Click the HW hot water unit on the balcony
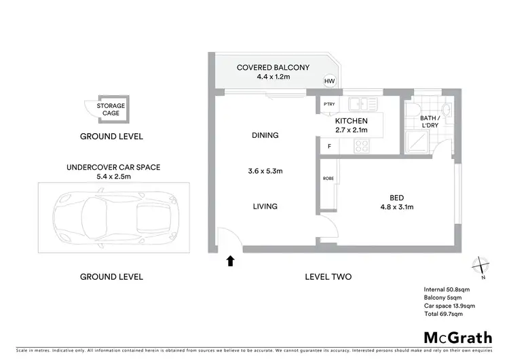click(x=329, y=82)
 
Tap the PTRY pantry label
click(x=329, y=104)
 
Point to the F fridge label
click(x=329, y=146)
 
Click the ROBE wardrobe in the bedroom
click(x=328, y=179)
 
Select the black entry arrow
click(x=231, y=260)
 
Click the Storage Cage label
click(x=111, y=109)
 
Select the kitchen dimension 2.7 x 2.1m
click(x=351, y=130)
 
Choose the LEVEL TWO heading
click(x=328, y=276)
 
